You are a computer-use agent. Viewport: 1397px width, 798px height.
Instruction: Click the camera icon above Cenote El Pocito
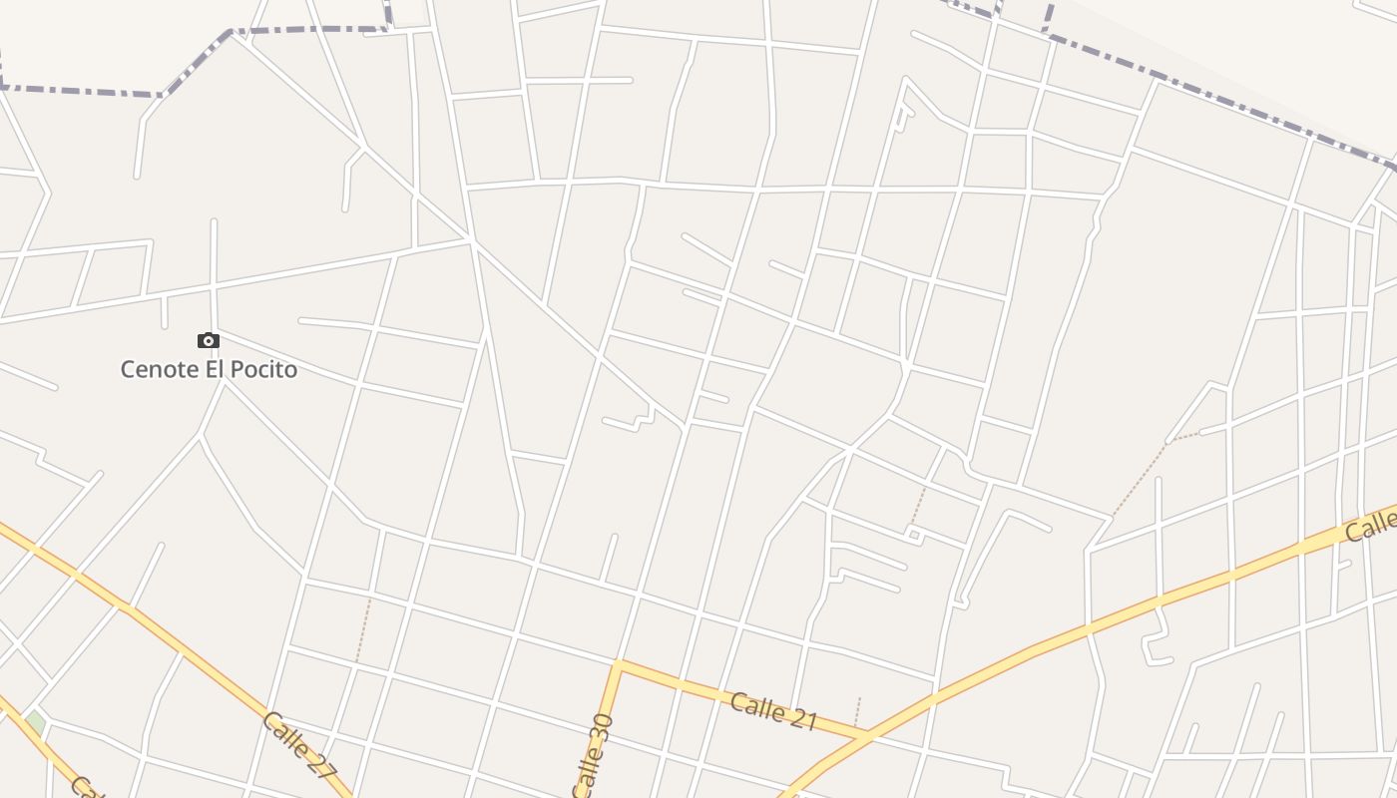[x=208, y=341]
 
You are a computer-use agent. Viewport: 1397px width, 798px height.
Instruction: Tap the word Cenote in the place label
[x=156, y=369]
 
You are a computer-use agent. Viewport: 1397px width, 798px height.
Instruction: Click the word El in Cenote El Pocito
[x=211, y=369]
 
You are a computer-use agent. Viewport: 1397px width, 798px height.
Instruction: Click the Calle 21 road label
[x=773, y=711]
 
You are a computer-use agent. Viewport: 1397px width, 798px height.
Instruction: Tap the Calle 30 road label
[x=593, y=755]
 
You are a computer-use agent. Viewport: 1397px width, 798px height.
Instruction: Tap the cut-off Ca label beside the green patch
[x=85, y=788]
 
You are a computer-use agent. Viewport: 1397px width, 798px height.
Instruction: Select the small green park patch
[x=35, y=721]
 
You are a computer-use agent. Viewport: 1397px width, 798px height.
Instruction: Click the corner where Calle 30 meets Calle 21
[x=619, y=662]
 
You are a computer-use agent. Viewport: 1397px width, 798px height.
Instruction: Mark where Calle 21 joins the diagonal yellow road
[x=866, y=737]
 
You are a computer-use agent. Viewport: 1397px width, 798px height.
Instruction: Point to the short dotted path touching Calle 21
[x=857, y=710]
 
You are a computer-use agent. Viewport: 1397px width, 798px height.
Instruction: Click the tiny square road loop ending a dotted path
[x=913, y=536]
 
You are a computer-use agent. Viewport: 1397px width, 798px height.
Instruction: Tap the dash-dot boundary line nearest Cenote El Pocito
[x=80, y=91]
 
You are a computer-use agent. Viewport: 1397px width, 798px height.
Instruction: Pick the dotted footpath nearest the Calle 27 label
[x=363, y=629]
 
